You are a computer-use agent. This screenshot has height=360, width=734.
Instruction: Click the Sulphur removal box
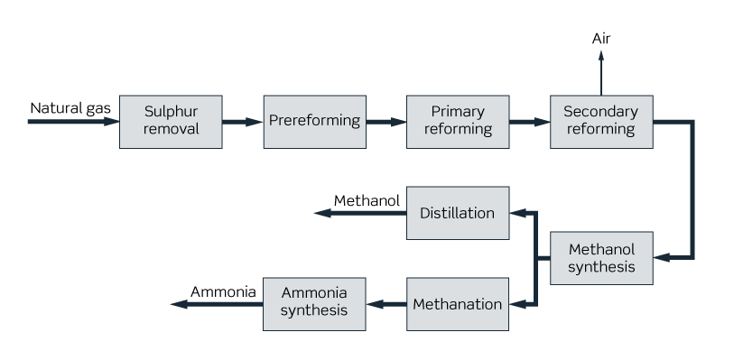click(171, 121)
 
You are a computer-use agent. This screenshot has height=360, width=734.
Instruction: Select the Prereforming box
click(314, 121)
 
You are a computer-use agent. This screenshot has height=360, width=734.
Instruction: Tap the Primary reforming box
click(457, 121)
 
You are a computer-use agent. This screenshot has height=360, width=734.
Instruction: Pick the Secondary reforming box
click(600, 121)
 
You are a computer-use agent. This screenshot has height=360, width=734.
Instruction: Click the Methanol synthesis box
click(600, 258)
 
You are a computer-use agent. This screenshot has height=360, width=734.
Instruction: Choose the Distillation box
click(457, 213)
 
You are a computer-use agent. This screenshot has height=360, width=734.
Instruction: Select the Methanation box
click(457, 304)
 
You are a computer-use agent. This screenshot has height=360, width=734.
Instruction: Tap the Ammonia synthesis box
click(314, 304)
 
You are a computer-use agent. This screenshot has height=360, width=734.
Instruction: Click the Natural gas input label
click(70, 108)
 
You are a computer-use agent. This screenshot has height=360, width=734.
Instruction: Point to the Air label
click(601, 38)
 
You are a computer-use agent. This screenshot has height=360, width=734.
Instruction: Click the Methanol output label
click(367, 200)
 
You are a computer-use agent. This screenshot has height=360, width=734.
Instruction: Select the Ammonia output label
click(223, 291)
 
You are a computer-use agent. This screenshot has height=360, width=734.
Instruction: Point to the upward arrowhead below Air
click(601, 56)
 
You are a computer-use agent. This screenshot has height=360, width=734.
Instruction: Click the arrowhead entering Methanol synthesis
click(661, 258)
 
